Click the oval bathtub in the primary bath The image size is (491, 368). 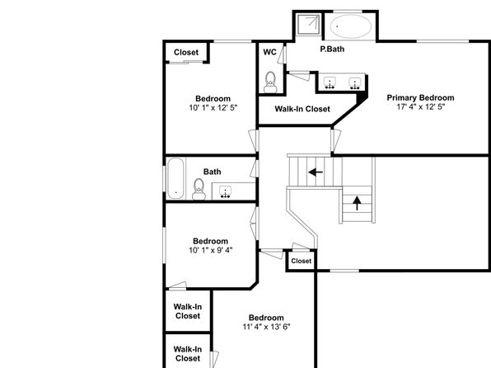[351, 26]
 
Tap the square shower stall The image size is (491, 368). [308, 24]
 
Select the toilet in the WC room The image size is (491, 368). [270, 83]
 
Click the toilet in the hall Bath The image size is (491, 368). [199, 189]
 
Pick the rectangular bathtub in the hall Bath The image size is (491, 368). [175, 178]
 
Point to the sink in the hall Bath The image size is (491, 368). [225, 191]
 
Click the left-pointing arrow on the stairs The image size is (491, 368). [316, 172]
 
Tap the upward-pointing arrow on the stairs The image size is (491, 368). [357, 203]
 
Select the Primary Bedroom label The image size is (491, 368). [420, 98]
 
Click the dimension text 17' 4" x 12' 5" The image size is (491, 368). [420, 107]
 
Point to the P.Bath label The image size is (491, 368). [332, 50]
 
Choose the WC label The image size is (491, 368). [269, 52]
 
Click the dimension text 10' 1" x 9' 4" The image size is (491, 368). [210, 250]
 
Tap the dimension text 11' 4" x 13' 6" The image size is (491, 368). [266, 327]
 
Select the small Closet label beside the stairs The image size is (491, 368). [302, 261]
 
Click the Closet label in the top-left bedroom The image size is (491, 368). [186, 52]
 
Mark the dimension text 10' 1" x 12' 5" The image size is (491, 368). [213, 108]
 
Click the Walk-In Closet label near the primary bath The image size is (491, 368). [302, 109]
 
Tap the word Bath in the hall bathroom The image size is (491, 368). [212, 172]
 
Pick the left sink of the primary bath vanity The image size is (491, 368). [330, 83]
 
